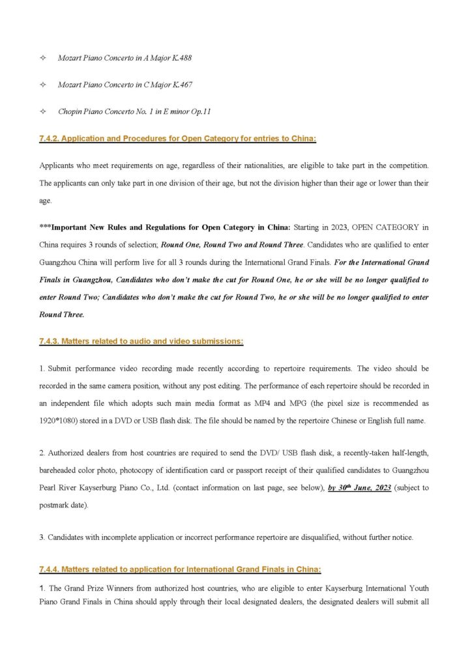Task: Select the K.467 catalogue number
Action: coord(182,85)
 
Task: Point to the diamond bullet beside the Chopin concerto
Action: coord(43,112)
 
